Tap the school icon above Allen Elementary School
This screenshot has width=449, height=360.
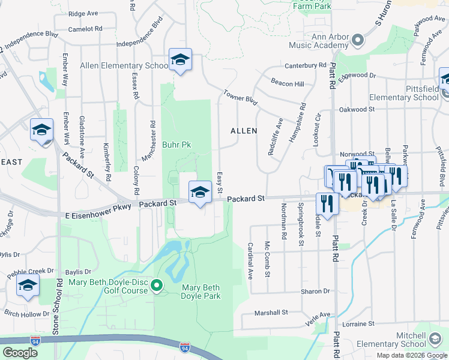[179, 59]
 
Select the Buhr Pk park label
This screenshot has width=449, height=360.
[176, 145]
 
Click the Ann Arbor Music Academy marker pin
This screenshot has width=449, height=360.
[358, 40]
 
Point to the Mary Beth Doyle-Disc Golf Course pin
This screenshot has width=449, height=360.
[157, 286]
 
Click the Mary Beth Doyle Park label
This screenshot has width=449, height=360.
[201, 292]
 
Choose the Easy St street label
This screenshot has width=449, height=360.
[220, 182]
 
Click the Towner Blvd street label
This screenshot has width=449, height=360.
[240, 98]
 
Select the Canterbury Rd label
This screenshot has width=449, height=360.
[306, 65]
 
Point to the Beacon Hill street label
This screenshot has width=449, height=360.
[288, 83]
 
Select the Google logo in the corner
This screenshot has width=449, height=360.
[20, 352]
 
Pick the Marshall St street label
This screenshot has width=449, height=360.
[271, 313]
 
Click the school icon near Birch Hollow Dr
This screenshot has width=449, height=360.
[28, 287]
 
